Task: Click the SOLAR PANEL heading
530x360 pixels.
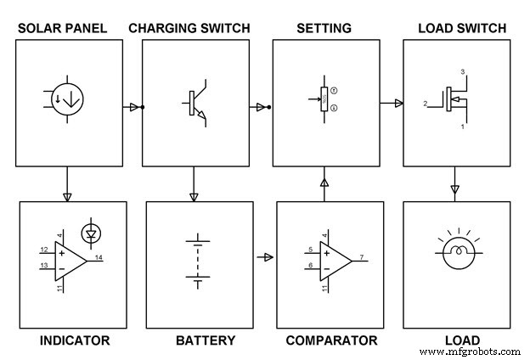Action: (62, 29)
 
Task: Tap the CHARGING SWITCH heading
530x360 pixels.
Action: (189, 29)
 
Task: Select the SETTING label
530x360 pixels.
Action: (324, 29)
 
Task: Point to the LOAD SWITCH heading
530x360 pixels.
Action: (462, 29)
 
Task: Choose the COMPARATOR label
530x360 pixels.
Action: (331, 340)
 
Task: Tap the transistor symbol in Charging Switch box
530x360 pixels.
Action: (194, 104)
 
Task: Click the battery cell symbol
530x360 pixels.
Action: (199, 260)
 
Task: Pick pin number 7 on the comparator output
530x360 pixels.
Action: (363, 256)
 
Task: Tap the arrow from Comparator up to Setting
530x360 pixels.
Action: (323, 182)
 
